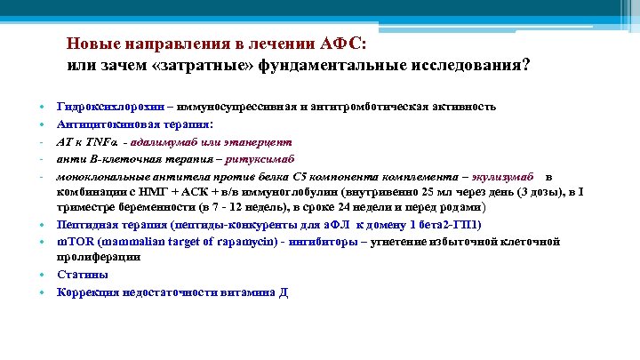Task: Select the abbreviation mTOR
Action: pyautogui.click(x=73, y=241)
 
